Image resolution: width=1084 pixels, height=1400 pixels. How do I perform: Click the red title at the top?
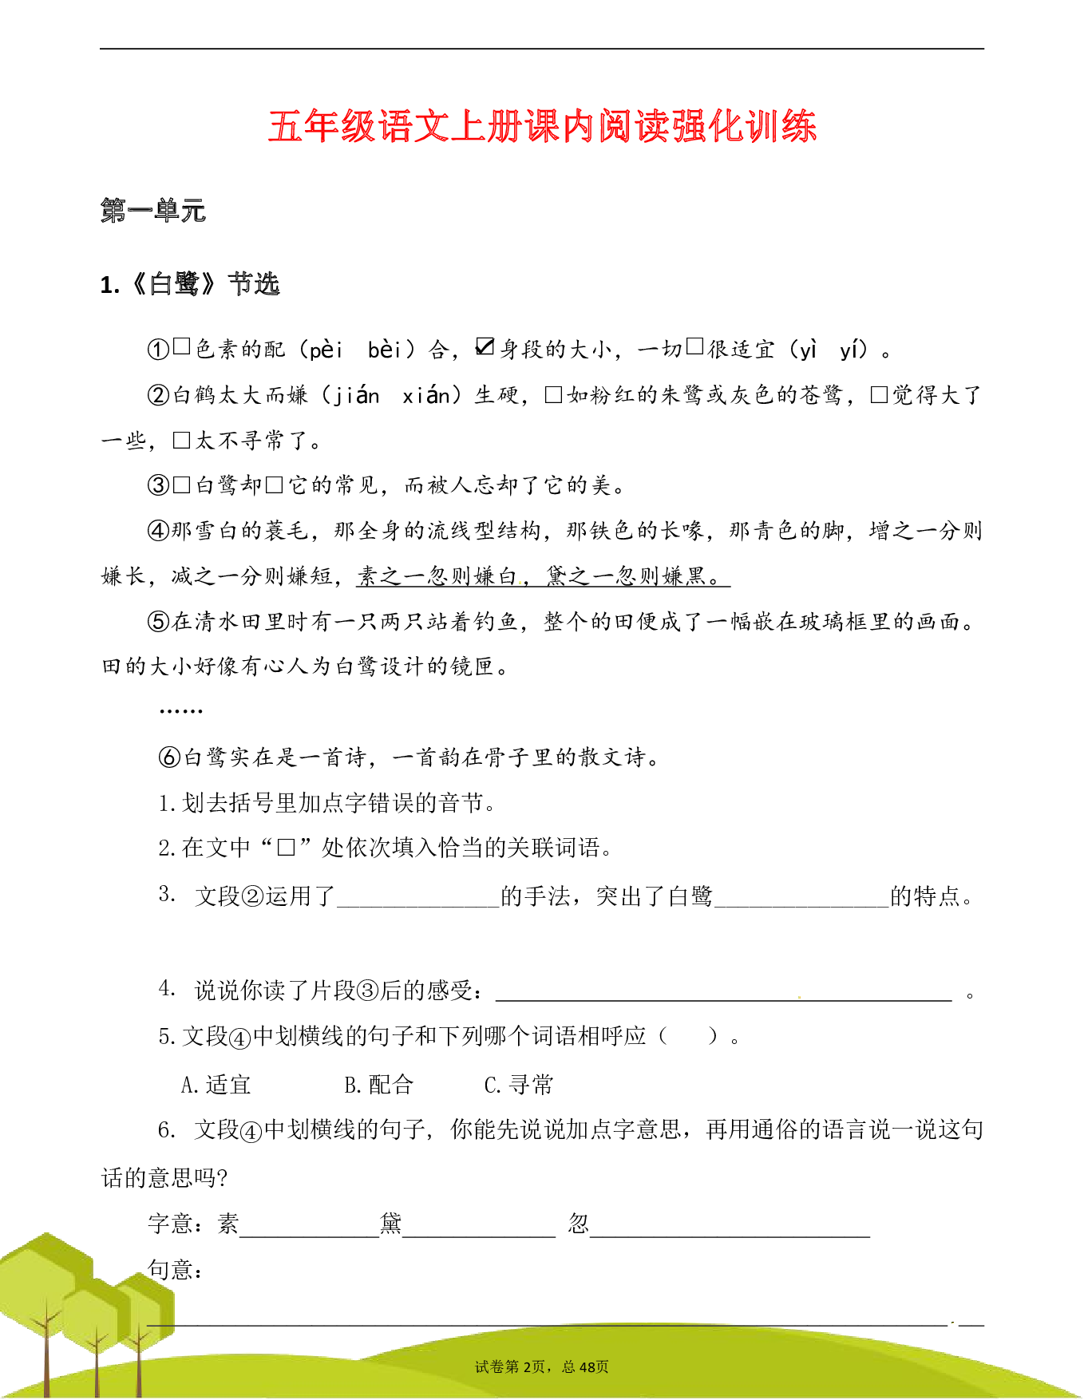click(542, 126)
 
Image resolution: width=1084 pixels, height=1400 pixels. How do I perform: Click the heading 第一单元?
click(153, 211)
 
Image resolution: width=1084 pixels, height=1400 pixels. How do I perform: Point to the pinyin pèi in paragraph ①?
click(326, 350)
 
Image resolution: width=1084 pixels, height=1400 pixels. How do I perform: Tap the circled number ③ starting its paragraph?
click(158, 485)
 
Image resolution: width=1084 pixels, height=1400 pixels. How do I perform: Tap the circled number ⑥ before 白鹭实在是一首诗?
click(169, 757)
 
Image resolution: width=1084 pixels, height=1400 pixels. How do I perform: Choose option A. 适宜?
click(216, 1085)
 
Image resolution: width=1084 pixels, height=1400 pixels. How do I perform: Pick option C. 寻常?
click(519, 1085)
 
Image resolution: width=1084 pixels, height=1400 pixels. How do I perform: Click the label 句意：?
click(176, 1269)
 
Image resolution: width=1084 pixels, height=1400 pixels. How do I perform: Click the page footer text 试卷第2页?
click(510, 1367)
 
